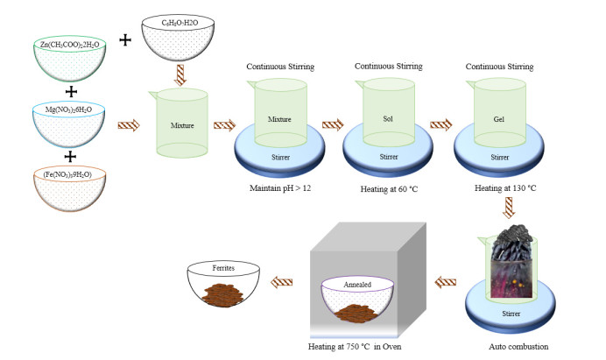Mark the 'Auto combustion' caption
point(519,346)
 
